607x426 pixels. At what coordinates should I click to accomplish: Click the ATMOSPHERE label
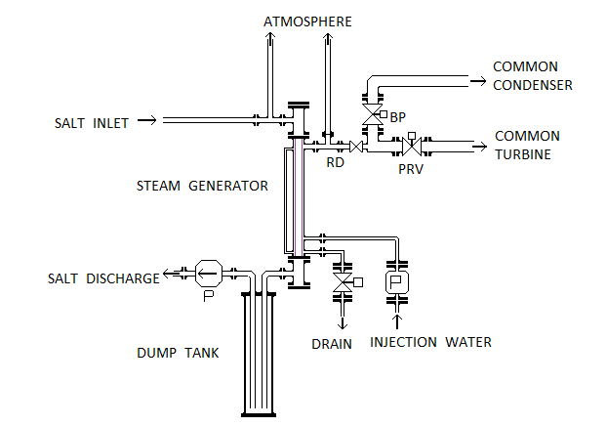coord(307,21)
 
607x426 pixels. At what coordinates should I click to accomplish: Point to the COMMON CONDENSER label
coord(532,75)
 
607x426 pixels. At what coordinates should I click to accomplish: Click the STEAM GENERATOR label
coord(202,185)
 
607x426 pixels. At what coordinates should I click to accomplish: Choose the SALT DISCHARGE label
coord(103,278)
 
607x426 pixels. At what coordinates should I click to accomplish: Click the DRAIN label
coord(332,343)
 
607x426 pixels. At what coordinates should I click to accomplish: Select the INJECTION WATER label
coord(430,342)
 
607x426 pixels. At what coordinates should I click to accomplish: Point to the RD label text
coord(335,163)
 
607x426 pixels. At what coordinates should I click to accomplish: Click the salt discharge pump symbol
coord(208,271)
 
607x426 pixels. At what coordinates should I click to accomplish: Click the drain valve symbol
coord(343,283)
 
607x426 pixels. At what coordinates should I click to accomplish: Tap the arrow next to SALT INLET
coord(147,122)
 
